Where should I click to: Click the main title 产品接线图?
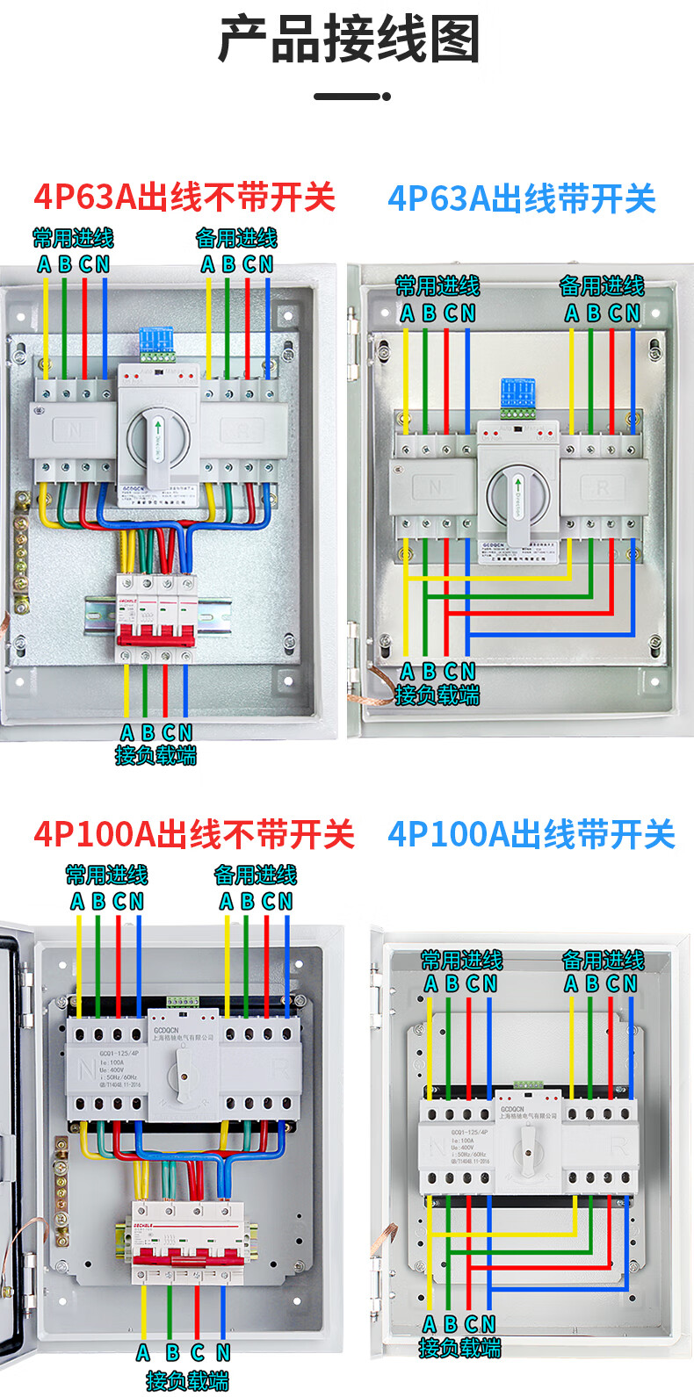point(349,40)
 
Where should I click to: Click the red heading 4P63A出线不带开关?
point(184,197)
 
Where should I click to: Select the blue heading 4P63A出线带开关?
point(522,198)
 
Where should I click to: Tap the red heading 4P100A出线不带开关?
point(194,833)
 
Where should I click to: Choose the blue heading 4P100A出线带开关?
point(531,833)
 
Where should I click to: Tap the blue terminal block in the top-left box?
point(156,343)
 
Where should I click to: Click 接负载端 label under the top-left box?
point(155,755)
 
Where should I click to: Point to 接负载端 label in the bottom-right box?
point(459,1348)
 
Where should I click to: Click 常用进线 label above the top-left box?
point(73,238)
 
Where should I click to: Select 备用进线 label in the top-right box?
point(602,285)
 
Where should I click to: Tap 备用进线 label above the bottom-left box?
point(256,875)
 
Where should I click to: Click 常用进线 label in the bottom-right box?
point(462,960)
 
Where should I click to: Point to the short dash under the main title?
point(351,96)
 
